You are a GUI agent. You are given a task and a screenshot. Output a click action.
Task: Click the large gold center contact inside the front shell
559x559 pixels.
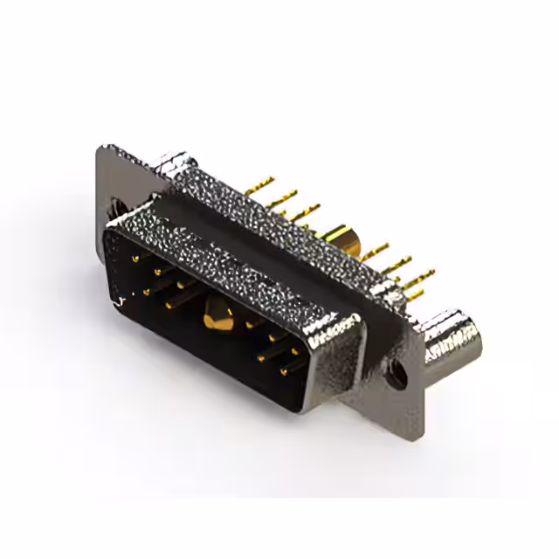point(217,317)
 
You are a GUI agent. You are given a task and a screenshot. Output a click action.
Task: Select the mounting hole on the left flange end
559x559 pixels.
point(120,210)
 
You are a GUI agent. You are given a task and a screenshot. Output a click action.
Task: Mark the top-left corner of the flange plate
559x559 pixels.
point(99,148)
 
